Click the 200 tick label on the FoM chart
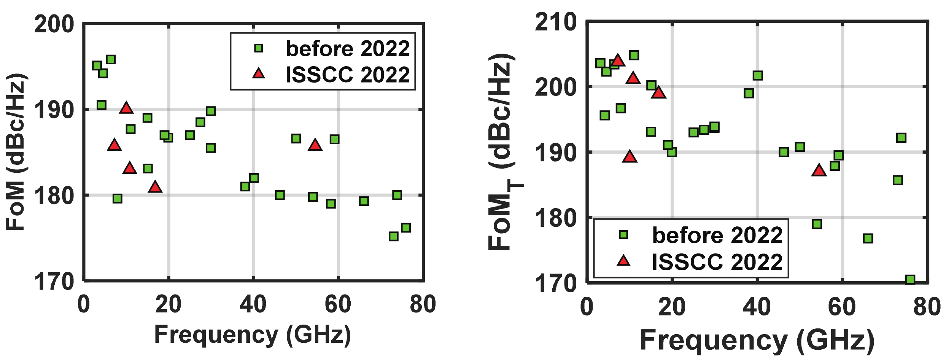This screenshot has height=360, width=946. click(54, 25)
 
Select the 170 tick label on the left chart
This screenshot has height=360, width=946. click(54, 282)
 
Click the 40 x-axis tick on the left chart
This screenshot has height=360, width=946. click(253, 305)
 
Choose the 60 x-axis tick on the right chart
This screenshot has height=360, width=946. click(842, 307)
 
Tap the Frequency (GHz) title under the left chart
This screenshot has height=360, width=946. click(252, 335)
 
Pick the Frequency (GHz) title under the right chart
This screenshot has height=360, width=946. click(757, 340)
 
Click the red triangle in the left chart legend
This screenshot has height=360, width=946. click(259, 73)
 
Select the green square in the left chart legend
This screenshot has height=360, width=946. click(259, 48)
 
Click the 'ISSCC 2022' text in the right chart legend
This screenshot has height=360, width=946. click(717, 262)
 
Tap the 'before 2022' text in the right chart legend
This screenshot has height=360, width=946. click(717, 235)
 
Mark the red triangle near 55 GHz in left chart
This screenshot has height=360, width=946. click(315, 145)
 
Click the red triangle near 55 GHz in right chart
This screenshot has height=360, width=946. click(819, 170)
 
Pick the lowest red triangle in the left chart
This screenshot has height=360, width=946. click(155, 187)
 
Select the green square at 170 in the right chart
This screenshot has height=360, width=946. click(910, 280)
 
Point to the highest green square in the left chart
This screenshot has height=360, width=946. click(111, 60)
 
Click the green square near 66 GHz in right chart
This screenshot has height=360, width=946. click(868, 239)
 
